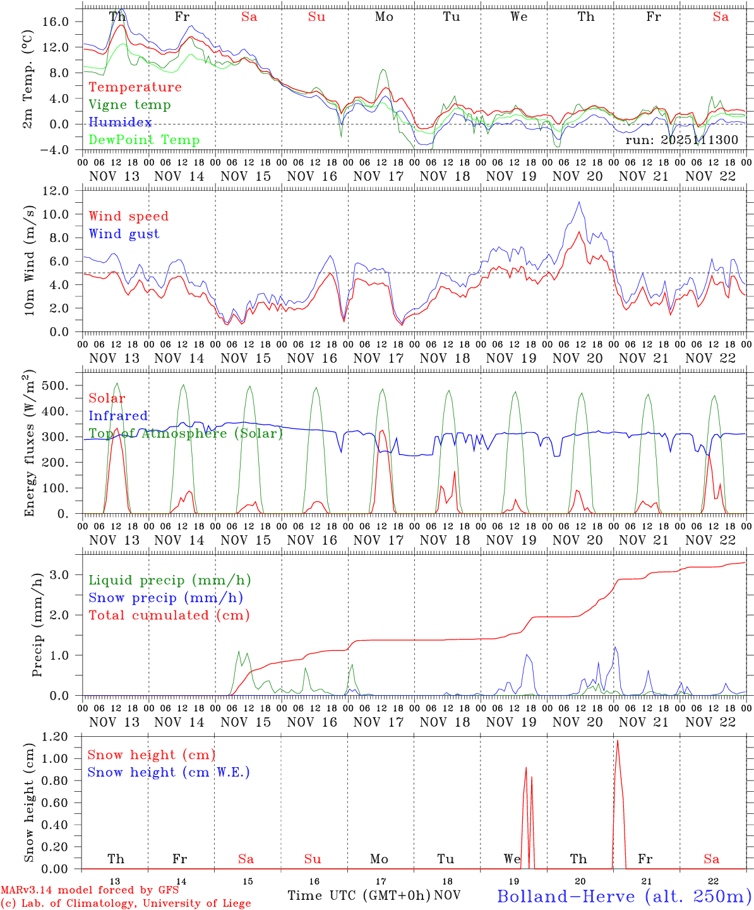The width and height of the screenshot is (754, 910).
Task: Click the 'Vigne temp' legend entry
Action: point(129,105)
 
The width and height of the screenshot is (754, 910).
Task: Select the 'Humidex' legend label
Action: point(120,123)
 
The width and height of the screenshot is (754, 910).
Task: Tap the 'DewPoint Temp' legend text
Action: point(144,140)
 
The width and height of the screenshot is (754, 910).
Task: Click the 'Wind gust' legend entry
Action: point(124,234)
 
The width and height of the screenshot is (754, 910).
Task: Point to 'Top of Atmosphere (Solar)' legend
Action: point(185,434)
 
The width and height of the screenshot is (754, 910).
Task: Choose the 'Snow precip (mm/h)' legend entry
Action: point(165,598)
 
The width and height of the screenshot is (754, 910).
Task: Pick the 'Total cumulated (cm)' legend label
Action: point(169,616)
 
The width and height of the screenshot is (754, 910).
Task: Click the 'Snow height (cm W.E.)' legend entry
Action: point(168,772)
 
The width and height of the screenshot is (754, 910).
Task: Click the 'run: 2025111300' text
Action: point(681,140)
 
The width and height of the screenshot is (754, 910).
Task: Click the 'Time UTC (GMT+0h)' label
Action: point(359,895)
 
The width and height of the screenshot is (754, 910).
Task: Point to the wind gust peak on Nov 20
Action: point(579,202)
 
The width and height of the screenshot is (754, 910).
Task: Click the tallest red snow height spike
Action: point(617,741)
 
